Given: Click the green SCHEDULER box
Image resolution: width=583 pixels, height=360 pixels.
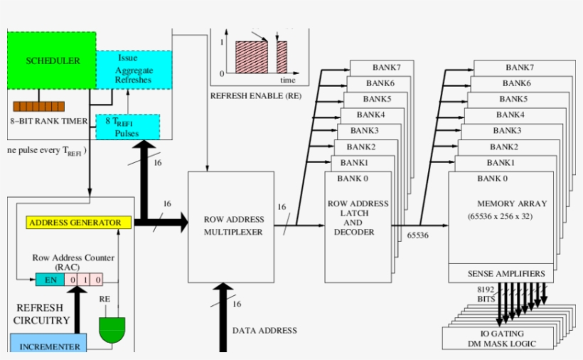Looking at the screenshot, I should pyautogui.click(x=51, y=60).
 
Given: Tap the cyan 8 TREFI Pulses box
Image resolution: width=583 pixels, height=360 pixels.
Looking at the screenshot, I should pyautogui.click(x=127, y=127).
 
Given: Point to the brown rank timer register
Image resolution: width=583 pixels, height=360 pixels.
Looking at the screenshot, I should pyautogui.click(x=38, y=107).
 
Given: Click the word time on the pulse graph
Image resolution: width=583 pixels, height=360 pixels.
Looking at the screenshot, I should pyautogui.click(x=287, y=80).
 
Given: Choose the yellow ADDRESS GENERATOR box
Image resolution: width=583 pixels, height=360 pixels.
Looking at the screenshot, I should pyautogui.click(x=79, y=223).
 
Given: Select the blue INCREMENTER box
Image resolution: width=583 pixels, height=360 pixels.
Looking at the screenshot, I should pyautogui.click(x=49, y=346).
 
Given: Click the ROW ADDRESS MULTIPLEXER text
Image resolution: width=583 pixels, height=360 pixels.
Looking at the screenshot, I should pyautogui.click(x=233, y=226).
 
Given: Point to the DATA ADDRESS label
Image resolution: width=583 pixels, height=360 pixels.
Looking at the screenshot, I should pyautogui.click(x=264, y=330).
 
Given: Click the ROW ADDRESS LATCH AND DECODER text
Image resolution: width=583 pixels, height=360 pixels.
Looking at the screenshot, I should pyautogui.click(x=358, y=218).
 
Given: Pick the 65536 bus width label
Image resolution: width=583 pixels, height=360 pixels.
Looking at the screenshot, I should pyautogui.click(x=417, y=235).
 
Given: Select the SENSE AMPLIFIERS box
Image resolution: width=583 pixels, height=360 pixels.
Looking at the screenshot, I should pyautogui.click(x=506, y=273).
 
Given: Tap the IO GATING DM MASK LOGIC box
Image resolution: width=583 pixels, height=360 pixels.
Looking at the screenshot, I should pyautogui.click(x=502, y=339).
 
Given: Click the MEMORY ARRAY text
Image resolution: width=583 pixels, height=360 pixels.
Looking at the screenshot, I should pyautogui.click(x=506, y=203).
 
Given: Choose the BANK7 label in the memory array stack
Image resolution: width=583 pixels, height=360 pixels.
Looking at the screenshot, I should pyautogui.click(x=520, y=67).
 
